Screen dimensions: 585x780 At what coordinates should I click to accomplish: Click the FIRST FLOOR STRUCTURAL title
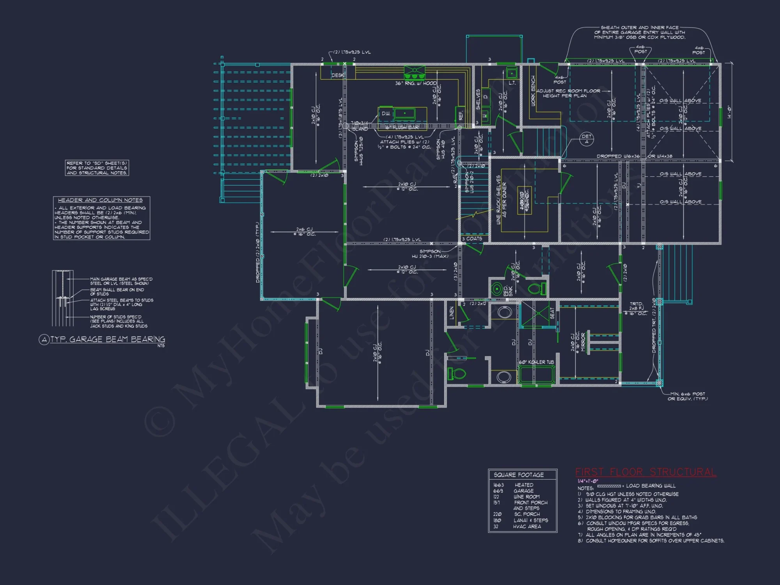point(645,472)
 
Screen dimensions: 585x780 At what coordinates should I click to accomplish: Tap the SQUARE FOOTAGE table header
point(518,475)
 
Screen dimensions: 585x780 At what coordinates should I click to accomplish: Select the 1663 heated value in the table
point(498,485)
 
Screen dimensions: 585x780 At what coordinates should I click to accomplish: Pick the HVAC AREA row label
point(526,526)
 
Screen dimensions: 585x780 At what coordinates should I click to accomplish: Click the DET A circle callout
point(587,139)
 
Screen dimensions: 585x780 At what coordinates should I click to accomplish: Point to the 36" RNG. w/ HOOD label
point(416,83)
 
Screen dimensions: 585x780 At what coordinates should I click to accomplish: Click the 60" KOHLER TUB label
point(536,362)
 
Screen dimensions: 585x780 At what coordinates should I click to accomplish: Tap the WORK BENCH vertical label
point(533,90)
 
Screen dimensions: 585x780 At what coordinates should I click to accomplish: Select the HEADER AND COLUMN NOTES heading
point(100,200)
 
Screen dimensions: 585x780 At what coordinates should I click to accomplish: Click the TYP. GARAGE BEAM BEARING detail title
point(107,339)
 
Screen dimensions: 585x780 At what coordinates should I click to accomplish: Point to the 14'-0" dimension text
point(729,112)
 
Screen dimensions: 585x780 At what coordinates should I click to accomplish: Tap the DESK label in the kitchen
point(338,75)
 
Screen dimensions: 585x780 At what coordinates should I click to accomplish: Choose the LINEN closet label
point(452,313)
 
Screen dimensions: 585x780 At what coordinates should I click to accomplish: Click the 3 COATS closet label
point(472,239)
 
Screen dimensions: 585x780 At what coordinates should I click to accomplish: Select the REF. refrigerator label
point(461,115)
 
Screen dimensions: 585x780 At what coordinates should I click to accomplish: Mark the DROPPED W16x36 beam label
point(618,156)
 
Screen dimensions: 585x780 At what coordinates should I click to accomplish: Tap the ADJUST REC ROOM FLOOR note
point(568,93)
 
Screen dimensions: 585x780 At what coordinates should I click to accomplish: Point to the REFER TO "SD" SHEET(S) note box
point(97,168)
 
